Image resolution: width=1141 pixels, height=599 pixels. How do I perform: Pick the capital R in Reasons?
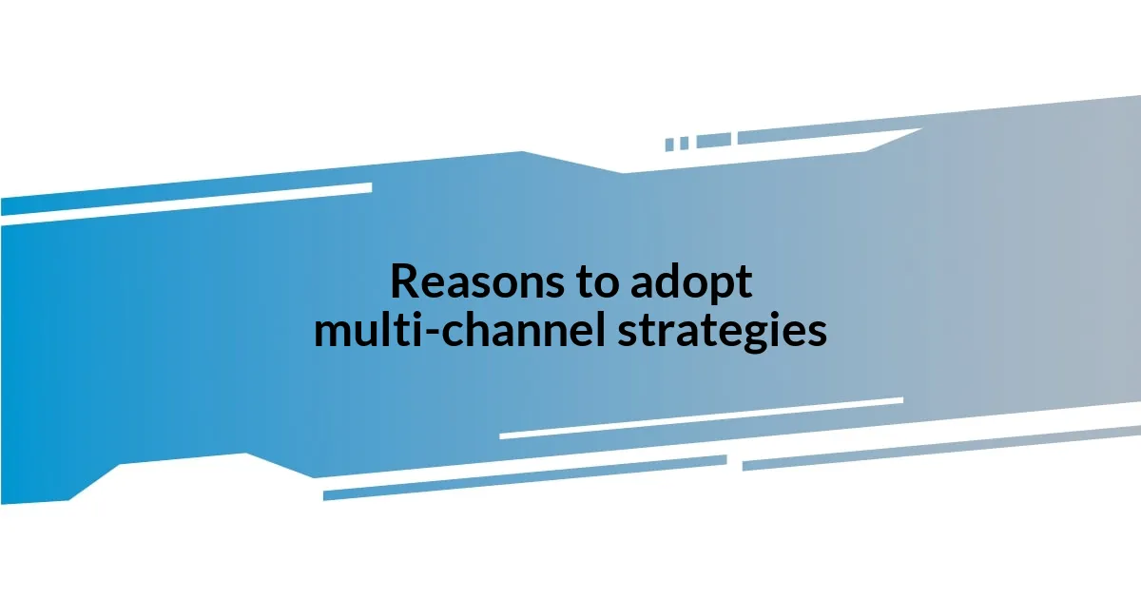(x=403, y=281)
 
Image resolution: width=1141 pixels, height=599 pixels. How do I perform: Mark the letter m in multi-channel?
(x=331, y=333)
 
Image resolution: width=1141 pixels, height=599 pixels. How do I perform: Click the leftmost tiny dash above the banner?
(x=669, y=145)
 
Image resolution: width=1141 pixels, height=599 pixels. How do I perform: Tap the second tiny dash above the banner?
(x=684, y=143)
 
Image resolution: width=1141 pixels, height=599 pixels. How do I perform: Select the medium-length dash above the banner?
(x=713, y=140)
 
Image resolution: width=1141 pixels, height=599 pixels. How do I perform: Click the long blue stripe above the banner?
(x=827, y=132)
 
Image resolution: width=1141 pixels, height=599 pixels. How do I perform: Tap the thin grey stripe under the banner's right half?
(x=941, y=447)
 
